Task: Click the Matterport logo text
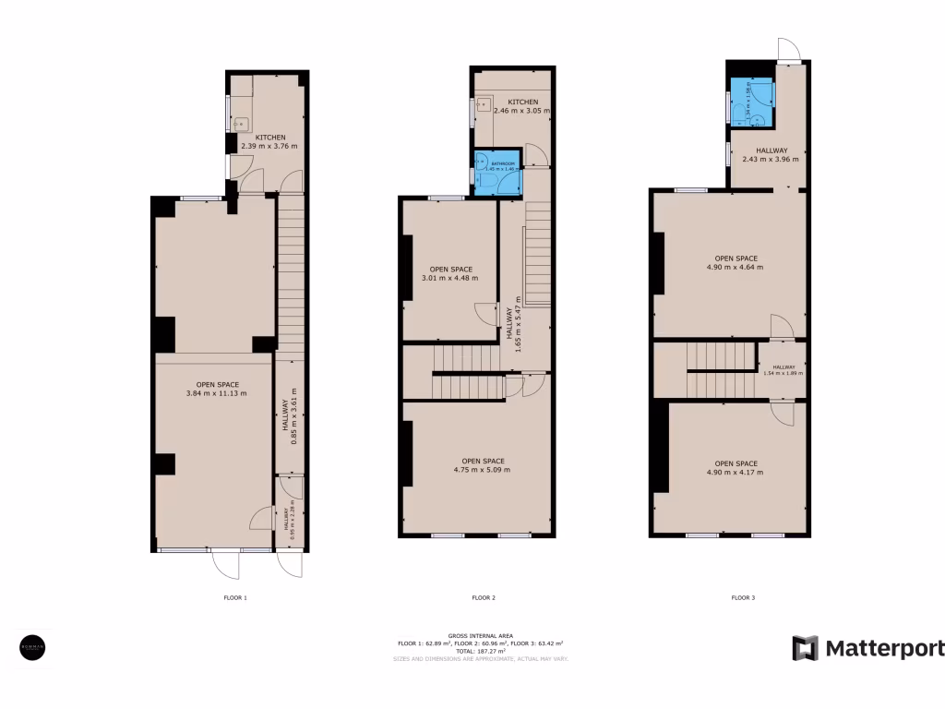pyautogui.click(x=883, y=648)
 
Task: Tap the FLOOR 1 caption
pyautogui.click(x=235, y=598)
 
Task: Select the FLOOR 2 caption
pyautogui.click(x=484, y=598)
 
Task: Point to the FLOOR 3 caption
pyautogui.click(x=743, y=598)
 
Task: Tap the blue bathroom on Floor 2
pyautogui.click(x=496, y=173)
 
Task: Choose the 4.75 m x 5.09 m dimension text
pyautogui.click(x=482, y=470)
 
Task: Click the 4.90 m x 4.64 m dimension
pyautogui.click(x=736, y=268)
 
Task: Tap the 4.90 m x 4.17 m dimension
pyautogui.click(x=736, y=473)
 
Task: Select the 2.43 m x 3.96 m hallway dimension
pyautogui.click(x=771, y=159)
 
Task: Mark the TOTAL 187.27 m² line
pyautogui.click(x=480, y=651)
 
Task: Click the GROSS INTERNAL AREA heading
pyautogui.click(x=480, y=635)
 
